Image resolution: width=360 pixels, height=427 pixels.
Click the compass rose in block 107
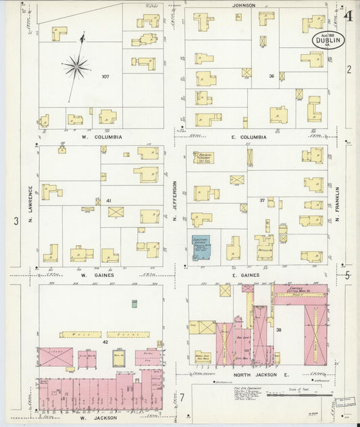(x=76, y=66)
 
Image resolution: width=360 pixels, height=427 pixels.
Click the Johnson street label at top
(x=244, y=5)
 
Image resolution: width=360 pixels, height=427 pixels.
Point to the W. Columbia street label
(x=101, y=136)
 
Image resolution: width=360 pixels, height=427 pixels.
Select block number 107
(x=105, y=76)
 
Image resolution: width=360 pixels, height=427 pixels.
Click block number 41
(x=107, y=200)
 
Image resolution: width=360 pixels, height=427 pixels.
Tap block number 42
(x=105, y=343)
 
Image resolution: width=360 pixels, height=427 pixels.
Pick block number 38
(x=278, y=330)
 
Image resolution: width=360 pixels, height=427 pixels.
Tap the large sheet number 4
(x=347, y=16)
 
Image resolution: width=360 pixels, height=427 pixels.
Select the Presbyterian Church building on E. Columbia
(x=202, y=157)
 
